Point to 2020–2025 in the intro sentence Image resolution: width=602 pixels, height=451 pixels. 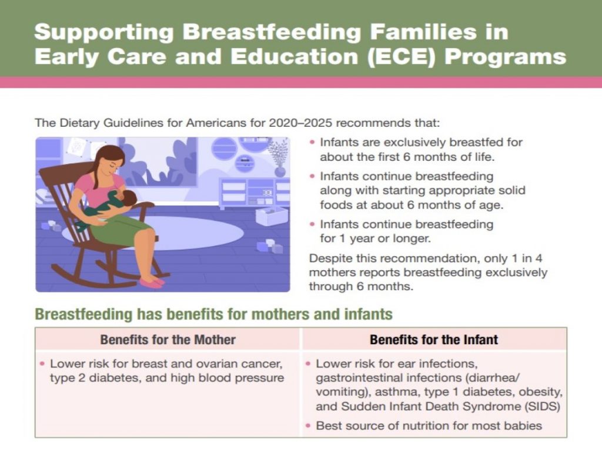point(299,123)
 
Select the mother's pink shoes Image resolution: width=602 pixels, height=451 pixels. point(151,282)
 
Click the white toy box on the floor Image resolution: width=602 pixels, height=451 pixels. point(271,215)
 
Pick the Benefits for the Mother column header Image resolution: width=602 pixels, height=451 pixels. point(168,339)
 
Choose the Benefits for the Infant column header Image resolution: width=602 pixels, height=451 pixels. point(434,339)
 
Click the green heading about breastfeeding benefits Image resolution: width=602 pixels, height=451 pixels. point(213,314)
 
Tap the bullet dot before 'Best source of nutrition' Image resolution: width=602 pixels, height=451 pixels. point(309,426)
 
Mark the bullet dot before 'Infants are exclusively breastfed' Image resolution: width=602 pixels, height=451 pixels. point(313,143)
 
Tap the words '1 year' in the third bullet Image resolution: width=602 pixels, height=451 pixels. point(355,238)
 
